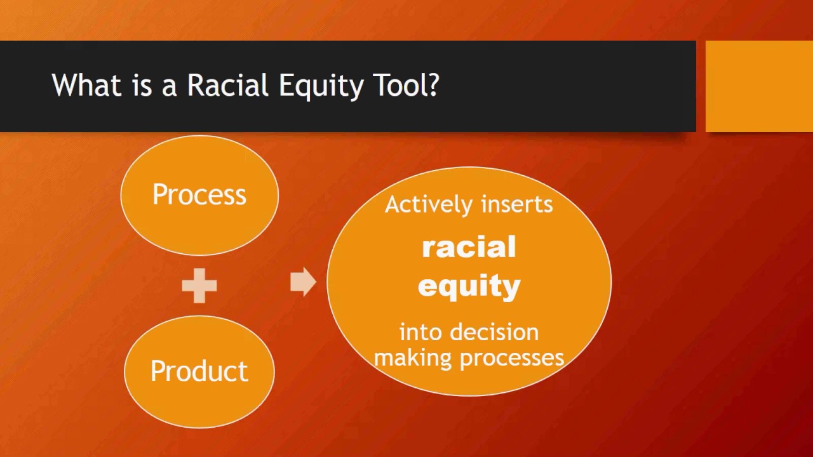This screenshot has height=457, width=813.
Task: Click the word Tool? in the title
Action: [402, 85]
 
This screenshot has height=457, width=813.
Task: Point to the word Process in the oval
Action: [199, 195]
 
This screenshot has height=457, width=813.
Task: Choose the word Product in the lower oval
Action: [199, 371]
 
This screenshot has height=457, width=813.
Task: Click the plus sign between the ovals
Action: [199, 285]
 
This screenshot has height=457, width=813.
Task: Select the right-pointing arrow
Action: [302, 282]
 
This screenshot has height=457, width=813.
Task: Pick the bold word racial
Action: [469, 247]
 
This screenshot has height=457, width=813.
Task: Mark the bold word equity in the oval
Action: [469, 286]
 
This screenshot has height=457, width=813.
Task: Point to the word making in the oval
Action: [413, 357]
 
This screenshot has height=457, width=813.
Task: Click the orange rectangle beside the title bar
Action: [759, 86]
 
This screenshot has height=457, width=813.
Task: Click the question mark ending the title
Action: [434, 85]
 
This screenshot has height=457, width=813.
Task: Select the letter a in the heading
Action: [169, 86]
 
